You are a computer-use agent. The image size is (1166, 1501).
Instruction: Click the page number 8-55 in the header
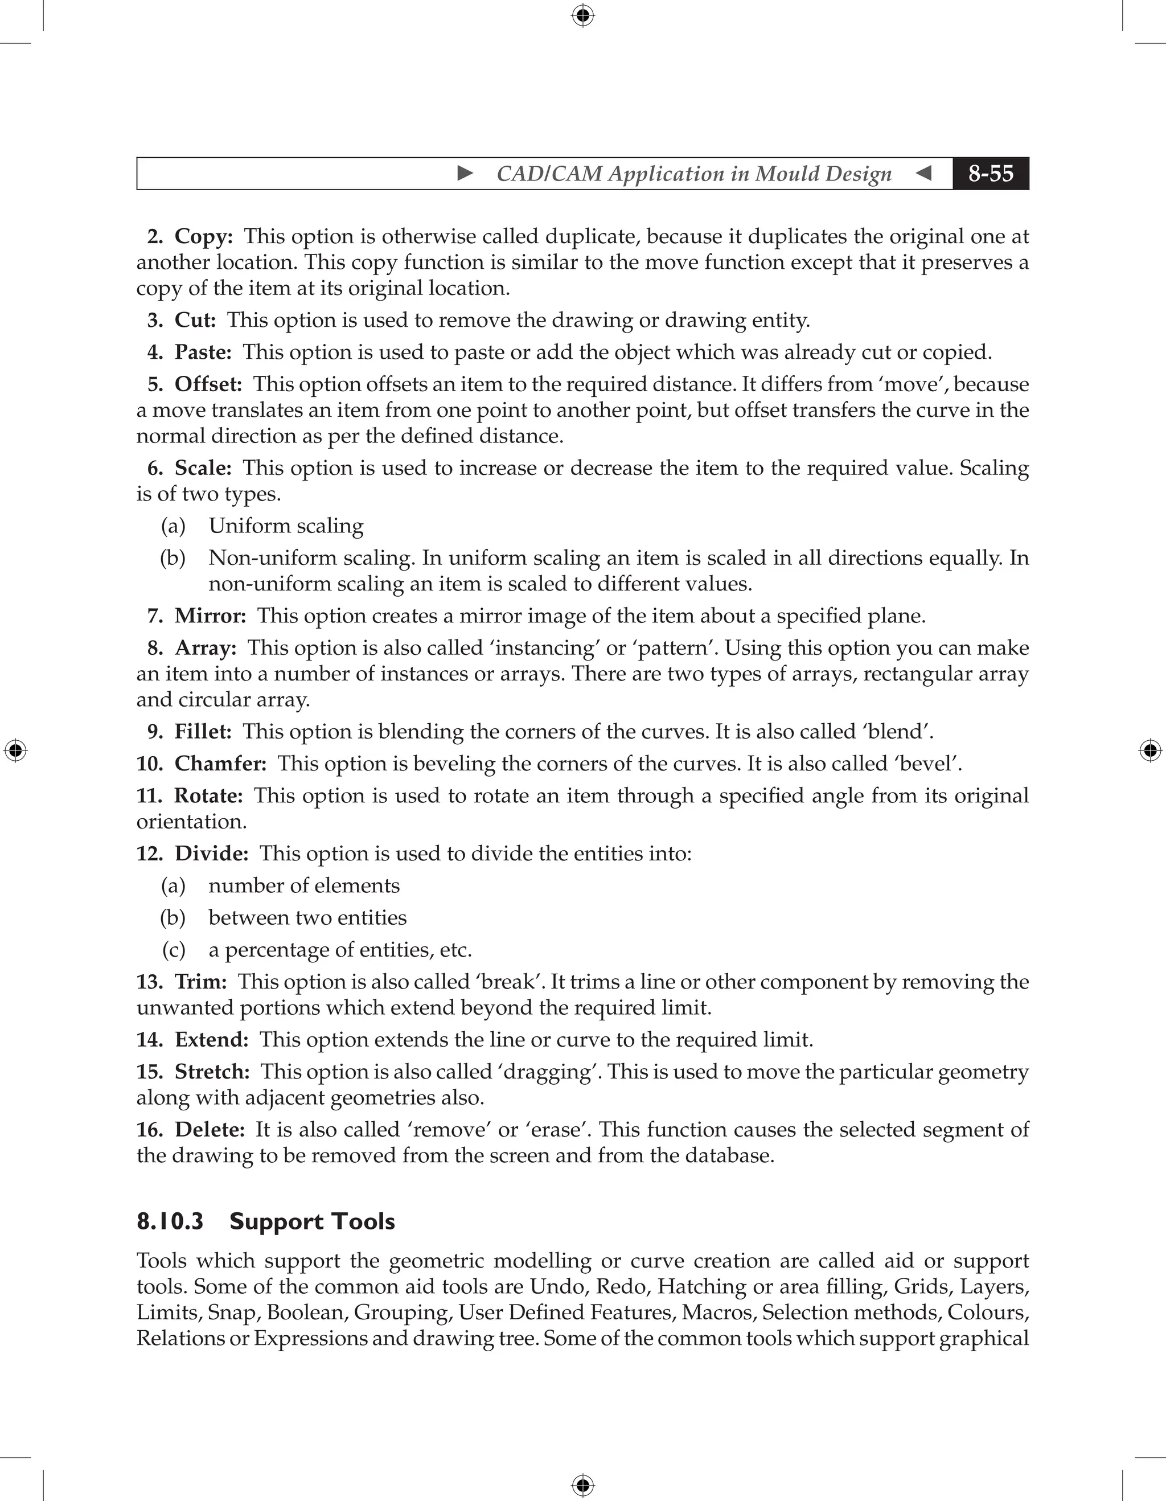click(x=990, y=173)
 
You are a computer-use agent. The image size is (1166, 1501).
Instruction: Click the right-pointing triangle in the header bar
click(x=465, y=173)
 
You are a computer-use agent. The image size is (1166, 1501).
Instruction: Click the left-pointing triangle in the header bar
click(x=923, y=173)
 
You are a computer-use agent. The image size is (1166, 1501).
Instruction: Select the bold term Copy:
click(x=203, y=236)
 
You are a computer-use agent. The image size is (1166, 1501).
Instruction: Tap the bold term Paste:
click(x=203, y=352)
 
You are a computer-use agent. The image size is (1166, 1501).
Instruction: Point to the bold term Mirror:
click(x=210, y=616)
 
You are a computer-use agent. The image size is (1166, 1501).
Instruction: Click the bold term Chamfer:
click(x=220, y=764)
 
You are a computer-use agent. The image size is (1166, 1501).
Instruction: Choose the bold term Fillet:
click(x=203, y=731)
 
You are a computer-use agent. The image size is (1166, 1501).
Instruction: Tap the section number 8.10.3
click(x=170, y=1221)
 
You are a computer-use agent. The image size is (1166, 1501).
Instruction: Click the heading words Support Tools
click(x=312, y=1221)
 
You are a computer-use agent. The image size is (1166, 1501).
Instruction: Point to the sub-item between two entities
click(x=307, y=917)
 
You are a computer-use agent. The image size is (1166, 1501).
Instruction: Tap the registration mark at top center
click(x=582, y=15)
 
